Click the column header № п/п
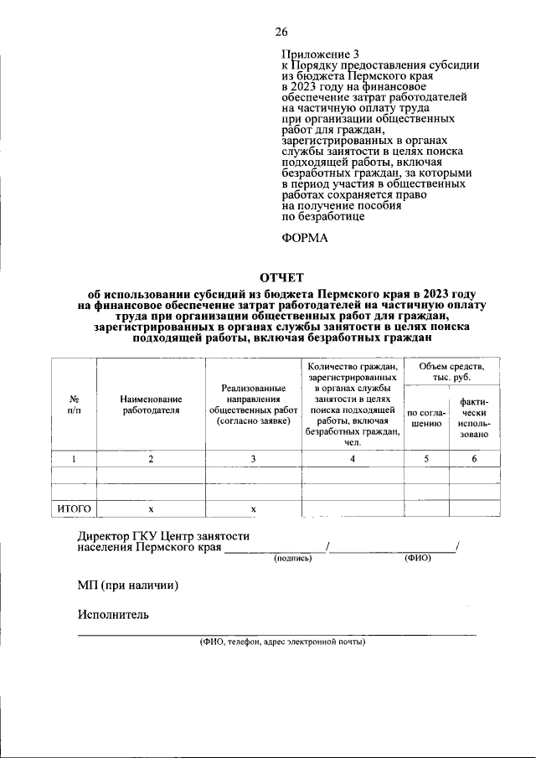(74, 405)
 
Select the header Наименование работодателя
(151, 405)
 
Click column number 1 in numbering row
(74, 458)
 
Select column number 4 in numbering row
(352, 458)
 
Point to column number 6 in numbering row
(474, 458)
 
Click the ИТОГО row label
(74, 508)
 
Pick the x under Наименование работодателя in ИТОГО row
(151, 508)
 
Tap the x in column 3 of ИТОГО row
(253, 508)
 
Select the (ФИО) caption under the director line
(416, 558)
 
